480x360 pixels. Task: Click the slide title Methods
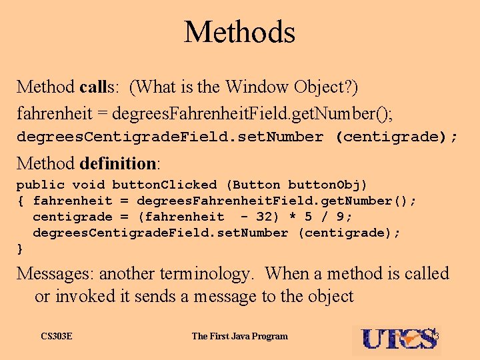(239, 32)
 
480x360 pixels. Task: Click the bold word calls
(97, 87)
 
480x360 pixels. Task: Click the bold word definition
(117, 163)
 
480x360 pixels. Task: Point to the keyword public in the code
(40, 185)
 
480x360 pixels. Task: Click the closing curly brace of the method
(20, 249)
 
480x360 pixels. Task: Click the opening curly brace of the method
(20, 201)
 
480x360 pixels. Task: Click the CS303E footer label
(56, 336)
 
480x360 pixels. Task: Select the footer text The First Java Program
(240, 336)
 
